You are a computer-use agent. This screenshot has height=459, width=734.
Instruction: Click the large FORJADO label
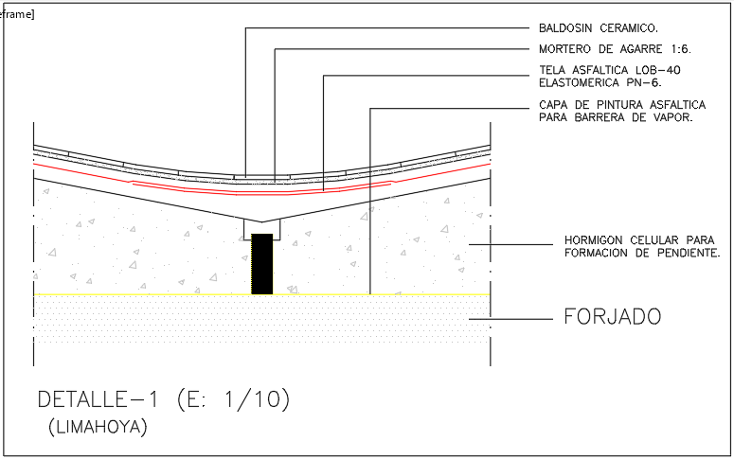pos(612,317)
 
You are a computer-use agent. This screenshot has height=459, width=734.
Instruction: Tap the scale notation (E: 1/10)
pos(233,399)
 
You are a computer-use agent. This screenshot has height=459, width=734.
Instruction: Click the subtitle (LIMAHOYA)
pos(98,428)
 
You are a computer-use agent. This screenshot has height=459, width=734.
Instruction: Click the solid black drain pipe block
pos(262,264)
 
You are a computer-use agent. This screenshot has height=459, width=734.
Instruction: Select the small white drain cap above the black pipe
pos(261,227)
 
